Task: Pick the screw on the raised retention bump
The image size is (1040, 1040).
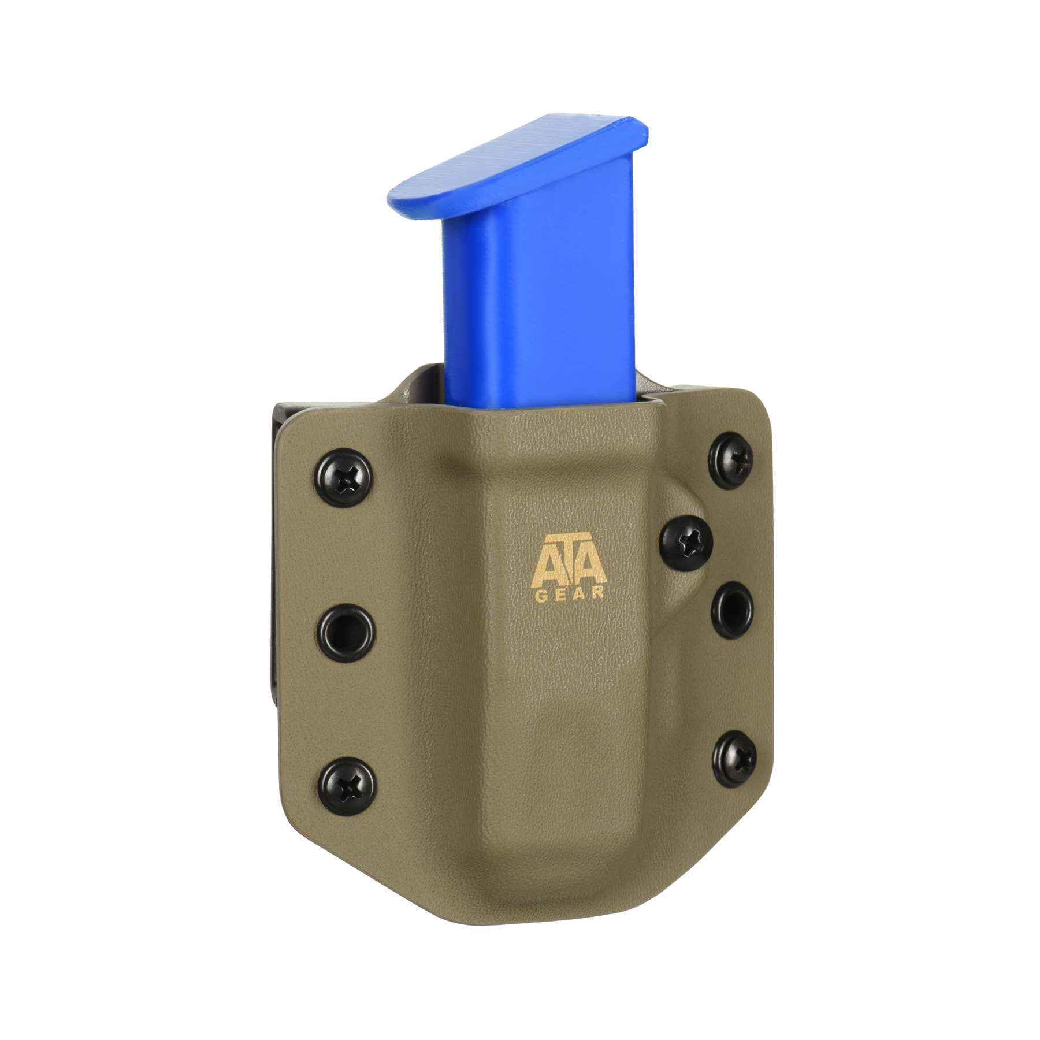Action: pos(686,543)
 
